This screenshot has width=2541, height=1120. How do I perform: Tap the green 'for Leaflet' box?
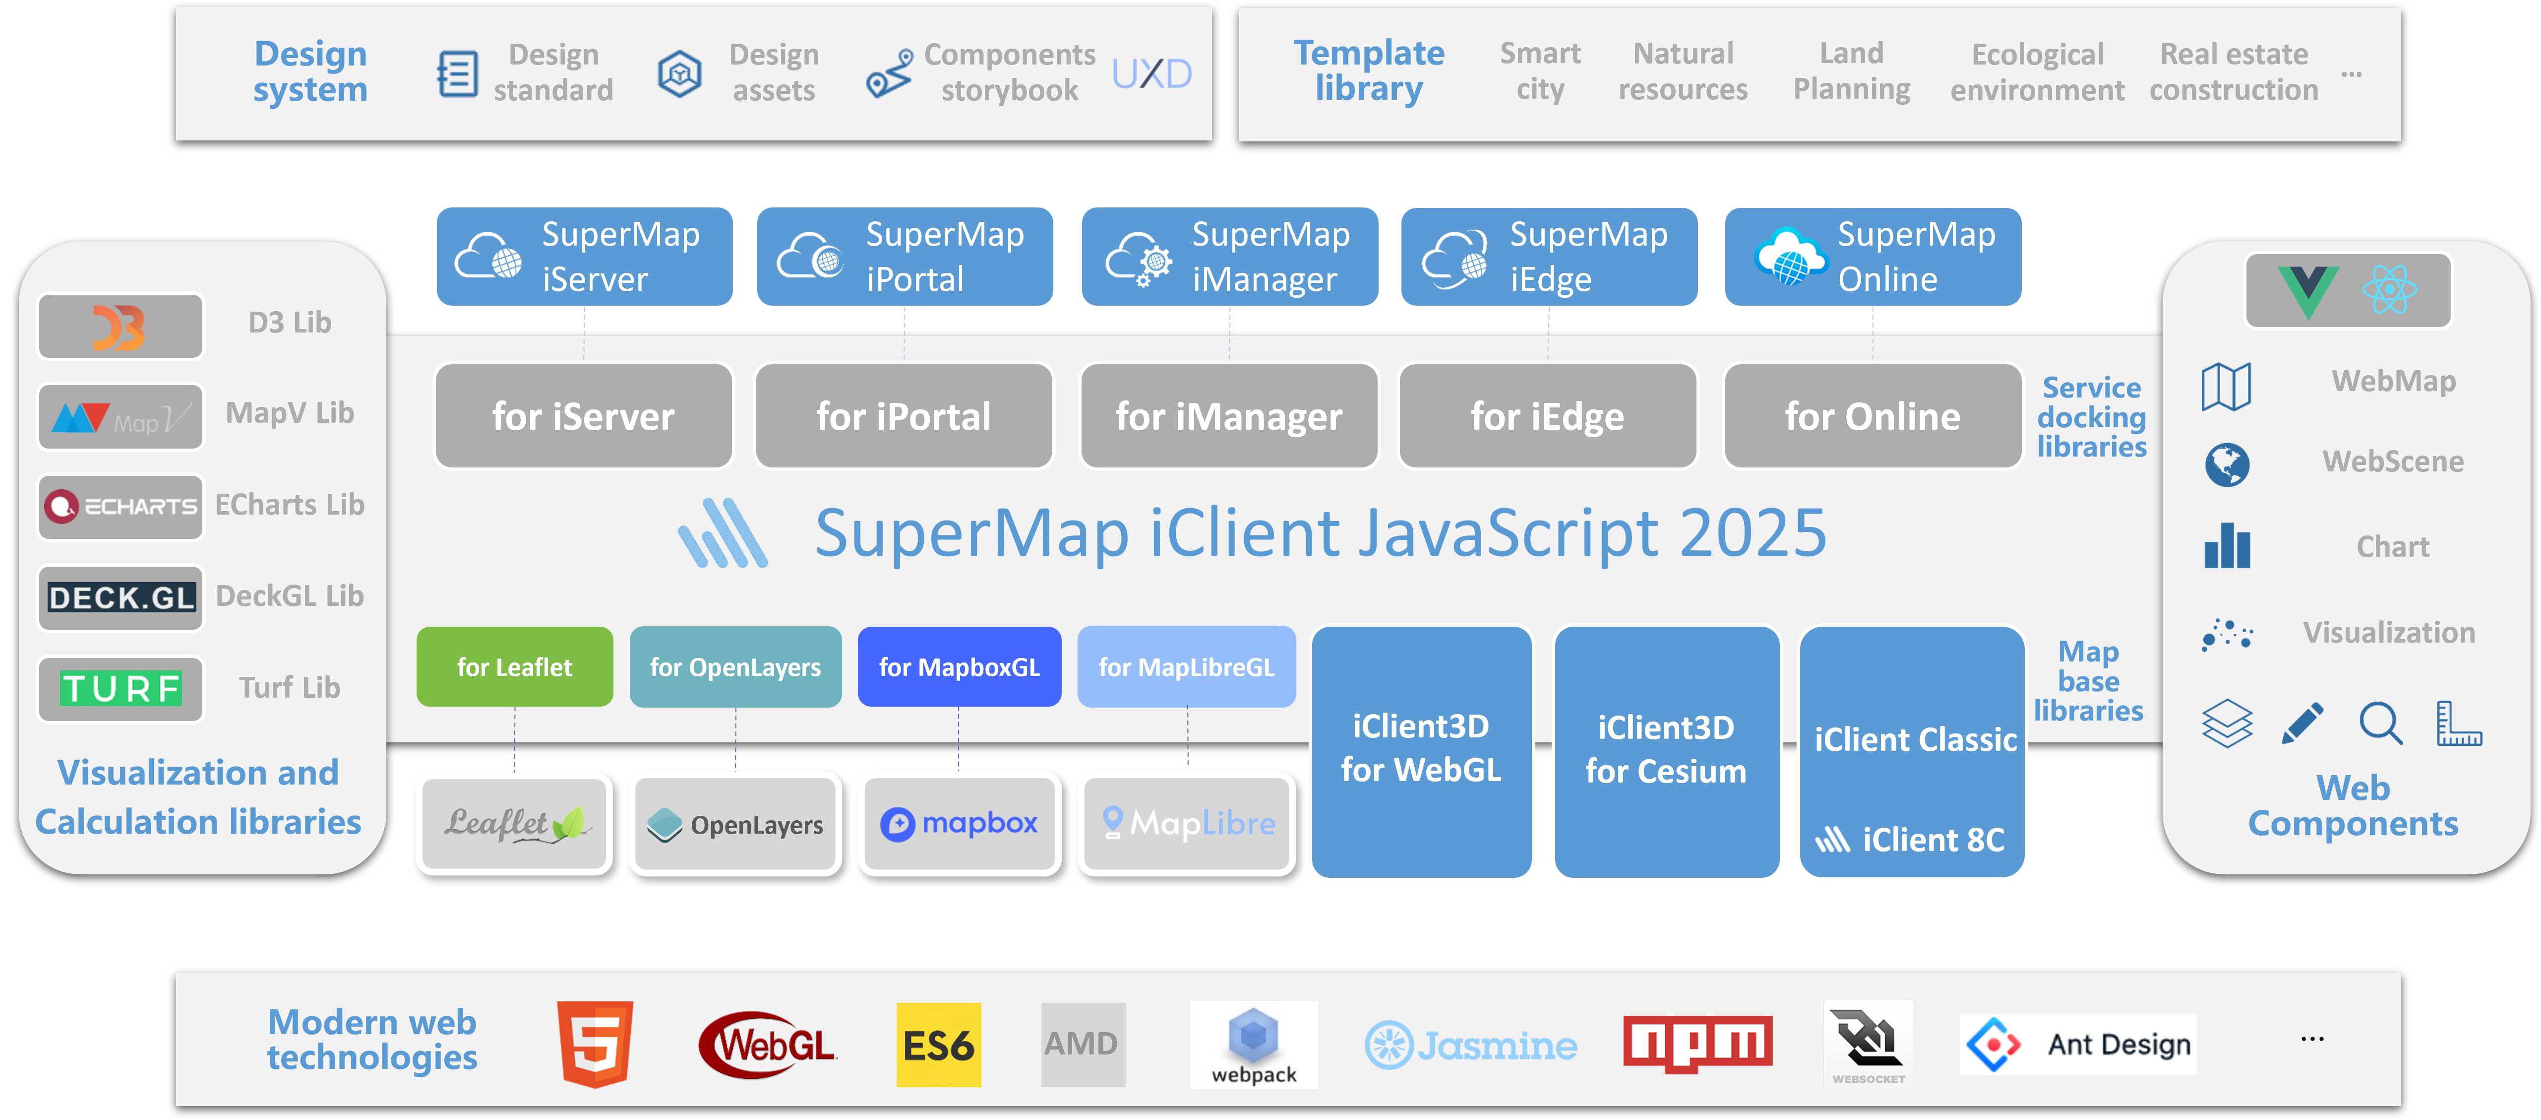[514, 667]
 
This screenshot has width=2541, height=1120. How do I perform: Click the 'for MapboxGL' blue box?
[959, 667]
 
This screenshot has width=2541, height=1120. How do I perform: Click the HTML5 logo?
[595, 1044]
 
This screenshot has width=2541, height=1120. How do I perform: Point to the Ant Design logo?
[2077, 1044]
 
